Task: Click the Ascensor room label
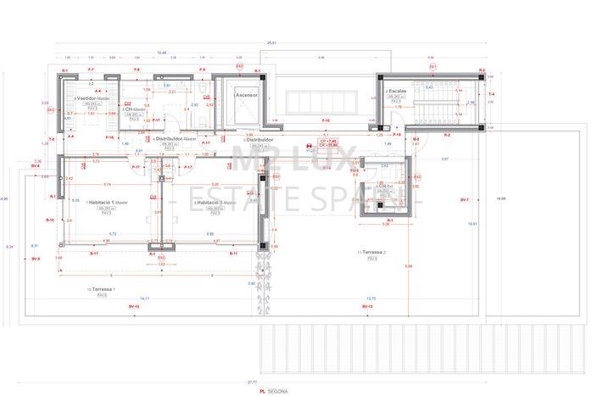(247, 96)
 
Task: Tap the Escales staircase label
(395, 91)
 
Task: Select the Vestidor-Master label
(93, 98)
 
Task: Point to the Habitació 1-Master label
(107, 202)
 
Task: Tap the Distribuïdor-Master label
(177, 138)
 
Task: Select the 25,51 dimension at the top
(271, 42)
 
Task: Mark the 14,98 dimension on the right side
(501, 198)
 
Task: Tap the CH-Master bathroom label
(135, 109)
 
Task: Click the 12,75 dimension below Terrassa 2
(371, 298)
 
